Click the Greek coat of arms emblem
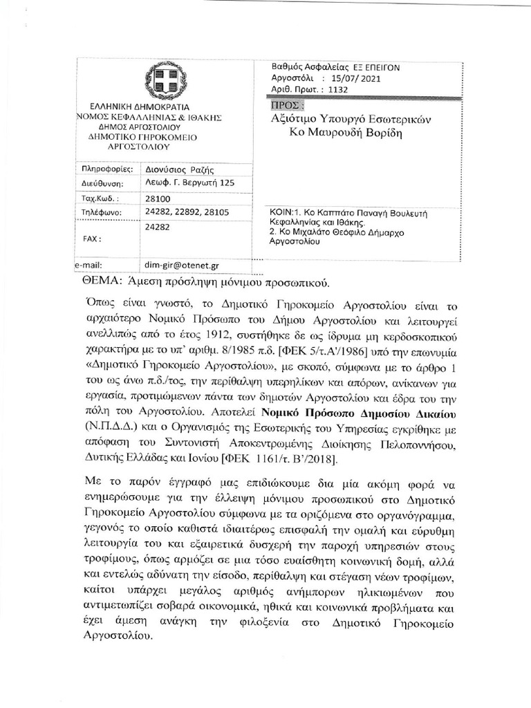click(165, 81)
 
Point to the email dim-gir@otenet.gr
click(180, 264)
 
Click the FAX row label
click(91, 239)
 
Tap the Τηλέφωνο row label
click(102, 212)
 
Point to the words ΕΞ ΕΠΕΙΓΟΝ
click(379, 67)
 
